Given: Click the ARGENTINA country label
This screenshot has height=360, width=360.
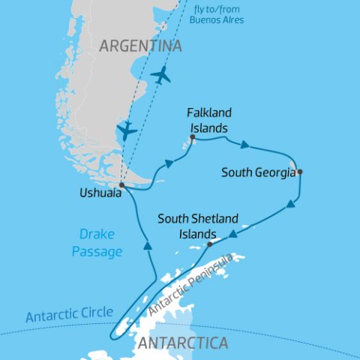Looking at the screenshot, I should click(141, 46).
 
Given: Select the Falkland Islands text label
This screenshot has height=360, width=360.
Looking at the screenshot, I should click(209, 121).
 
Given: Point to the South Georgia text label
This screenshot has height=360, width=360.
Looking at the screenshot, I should click(258, 172).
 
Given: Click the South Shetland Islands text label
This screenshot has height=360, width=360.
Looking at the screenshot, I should click(198, 225).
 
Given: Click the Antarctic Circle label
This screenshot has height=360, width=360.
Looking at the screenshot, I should click(69, 313).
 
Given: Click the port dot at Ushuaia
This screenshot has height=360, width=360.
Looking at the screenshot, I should click(121, 184).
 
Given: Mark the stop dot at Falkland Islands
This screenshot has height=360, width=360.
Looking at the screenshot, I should click(193, 138).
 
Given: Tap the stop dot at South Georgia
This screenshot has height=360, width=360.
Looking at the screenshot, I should click(299, 172).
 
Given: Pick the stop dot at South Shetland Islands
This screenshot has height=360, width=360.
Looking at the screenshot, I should click(210, 244).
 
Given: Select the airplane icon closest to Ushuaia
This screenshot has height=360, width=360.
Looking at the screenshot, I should click(127, 130).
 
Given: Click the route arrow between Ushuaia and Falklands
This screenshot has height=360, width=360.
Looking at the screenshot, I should click(171, 163).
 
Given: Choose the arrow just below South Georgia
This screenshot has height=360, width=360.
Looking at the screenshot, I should click(289, 203).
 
